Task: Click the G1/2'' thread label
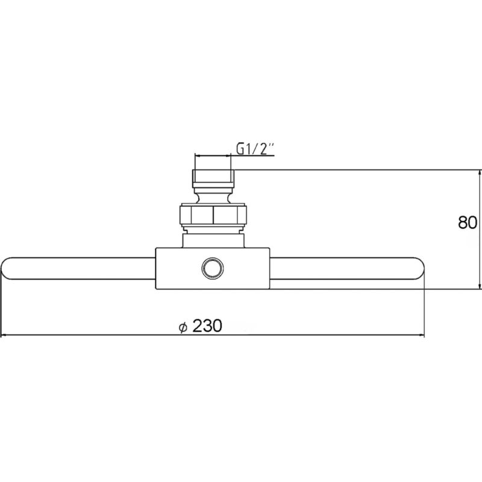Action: point(255,149)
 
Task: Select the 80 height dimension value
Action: point(468,222)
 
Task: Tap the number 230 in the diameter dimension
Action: point(207,325)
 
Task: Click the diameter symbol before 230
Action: point(183,327)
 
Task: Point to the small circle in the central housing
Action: point(213,268)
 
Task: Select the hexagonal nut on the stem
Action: point(213,214)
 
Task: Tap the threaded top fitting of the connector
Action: point(213,178)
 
